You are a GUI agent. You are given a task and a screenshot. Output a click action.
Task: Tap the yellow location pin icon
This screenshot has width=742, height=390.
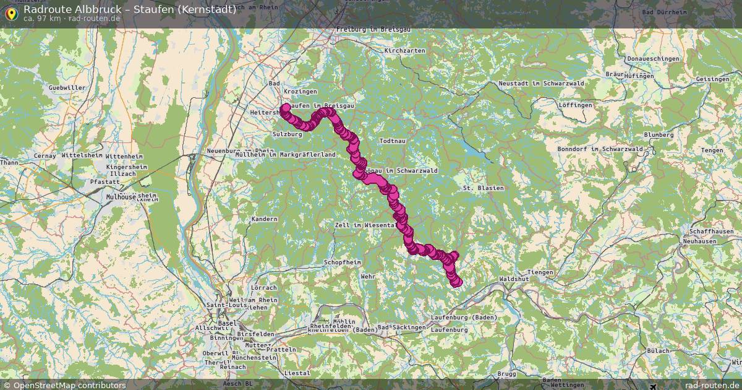click(11, 13)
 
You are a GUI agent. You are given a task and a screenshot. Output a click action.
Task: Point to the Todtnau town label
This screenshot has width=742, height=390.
click(392, 141)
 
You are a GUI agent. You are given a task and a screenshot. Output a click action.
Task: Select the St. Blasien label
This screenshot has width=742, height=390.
click(483, 188)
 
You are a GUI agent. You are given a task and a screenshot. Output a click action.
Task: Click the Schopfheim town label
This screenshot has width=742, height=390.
click(342, 262)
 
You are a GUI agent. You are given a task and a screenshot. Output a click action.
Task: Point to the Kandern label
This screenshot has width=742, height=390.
click(265, 220)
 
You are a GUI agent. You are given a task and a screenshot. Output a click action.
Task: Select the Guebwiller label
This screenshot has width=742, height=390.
click(67, 88)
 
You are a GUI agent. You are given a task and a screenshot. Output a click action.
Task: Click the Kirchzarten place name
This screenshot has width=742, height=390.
click(404, 51)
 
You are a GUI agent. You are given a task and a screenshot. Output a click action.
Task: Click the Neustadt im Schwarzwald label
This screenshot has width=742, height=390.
click(533, 84)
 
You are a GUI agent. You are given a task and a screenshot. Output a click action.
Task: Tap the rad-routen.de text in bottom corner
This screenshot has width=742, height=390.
click(711, 385)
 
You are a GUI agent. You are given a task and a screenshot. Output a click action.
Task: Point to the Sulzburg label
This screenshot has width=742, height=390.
click(286, 134)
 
